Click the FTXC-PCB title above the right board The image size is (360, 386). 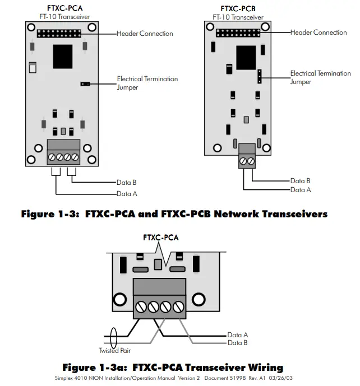click(x=238, y=8)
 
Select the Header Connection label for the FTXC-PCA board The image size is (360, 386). click(x=145, y=34)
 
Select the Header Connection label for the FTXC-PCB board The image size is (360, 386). click(x=319, y=32)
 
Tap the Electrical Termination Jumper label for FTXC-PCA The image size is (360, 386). click(x=147, y=83)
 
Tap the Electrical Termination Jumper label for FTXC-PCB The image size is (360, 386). click(x=320, y=77)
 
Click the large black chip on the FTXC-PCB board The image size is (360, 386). click(x=246, y=55)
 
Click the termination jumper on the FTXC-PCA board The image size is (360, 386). click(x=85, y=83)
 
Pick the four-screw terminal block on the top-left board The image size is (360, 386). click(x=63, y=152)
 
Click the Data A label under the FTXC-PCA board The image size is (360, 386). click(x=127, y=194)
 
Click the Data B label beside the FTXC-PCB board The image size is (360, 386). click(x=301, y=181)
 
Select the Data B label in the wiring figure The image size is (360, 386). click(x=238, y=342)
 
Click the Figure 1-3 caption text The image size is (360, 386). click(x=174, y=214)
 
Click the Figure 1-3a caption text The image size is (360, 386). click(x=172, y=368)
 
